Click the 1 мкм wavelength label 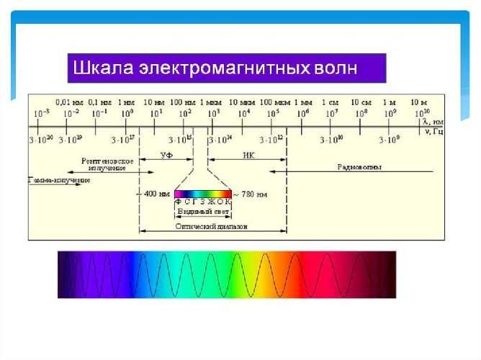pos(212,102)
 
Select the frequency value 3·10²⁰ pos(40,139)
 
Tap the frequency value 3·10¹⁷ pos(125,139)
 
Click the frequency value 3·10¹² pos(271,139)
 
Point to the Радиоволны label pos(359,166)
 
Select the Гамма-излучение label pos(60,179)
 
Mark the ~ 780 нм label pos(253,194)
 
